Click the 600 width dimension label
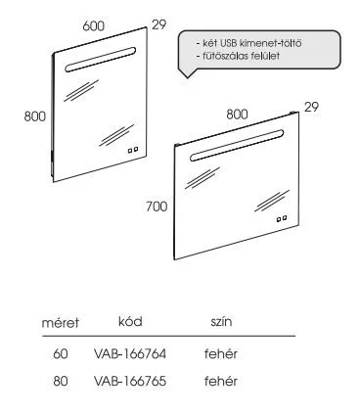(93, 30)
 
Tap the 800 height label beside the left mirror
(36, 115)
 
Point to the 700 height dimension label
(156, 207)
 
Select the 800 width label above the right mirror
(238, 114)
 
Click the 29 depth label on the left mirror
(160, 23)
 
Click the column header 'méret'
(60, 322)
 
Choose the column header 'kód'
(130, 321)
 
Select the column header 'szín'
(220, 321)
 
